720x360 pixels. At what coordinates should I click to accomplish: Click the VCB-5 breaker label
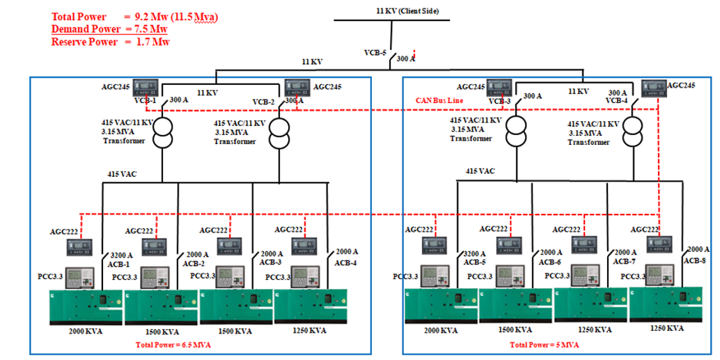pos(375,52)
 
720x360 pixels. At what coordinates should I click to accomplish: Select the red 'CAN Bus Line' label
pos(439,101)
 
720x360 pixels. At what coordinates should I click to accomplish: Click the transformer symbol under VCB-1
pos(162,132)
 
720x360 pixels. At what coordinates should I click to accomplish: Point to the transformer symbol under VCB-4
pos(633,132)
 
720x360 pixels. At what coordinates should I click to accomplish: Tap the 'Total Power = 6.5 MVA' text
pos(173,344)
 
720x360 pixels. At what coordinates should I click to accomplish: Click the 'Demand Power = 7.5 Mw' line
pos(109,29)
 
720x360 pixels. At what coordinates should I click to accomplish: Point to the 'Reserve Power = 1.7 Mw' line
pos(110,41)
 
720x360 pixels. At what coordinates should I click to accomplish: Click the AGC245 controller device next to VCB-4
pos(652,88)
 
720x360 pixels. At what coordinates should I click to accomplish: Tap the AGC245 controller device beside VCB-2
pos(297,88)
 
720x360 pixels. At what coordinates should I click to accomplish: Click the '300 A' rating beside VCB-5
pos(405,59)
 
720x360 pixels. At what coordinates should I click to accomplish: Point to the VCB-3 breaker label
pos(499,101)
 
